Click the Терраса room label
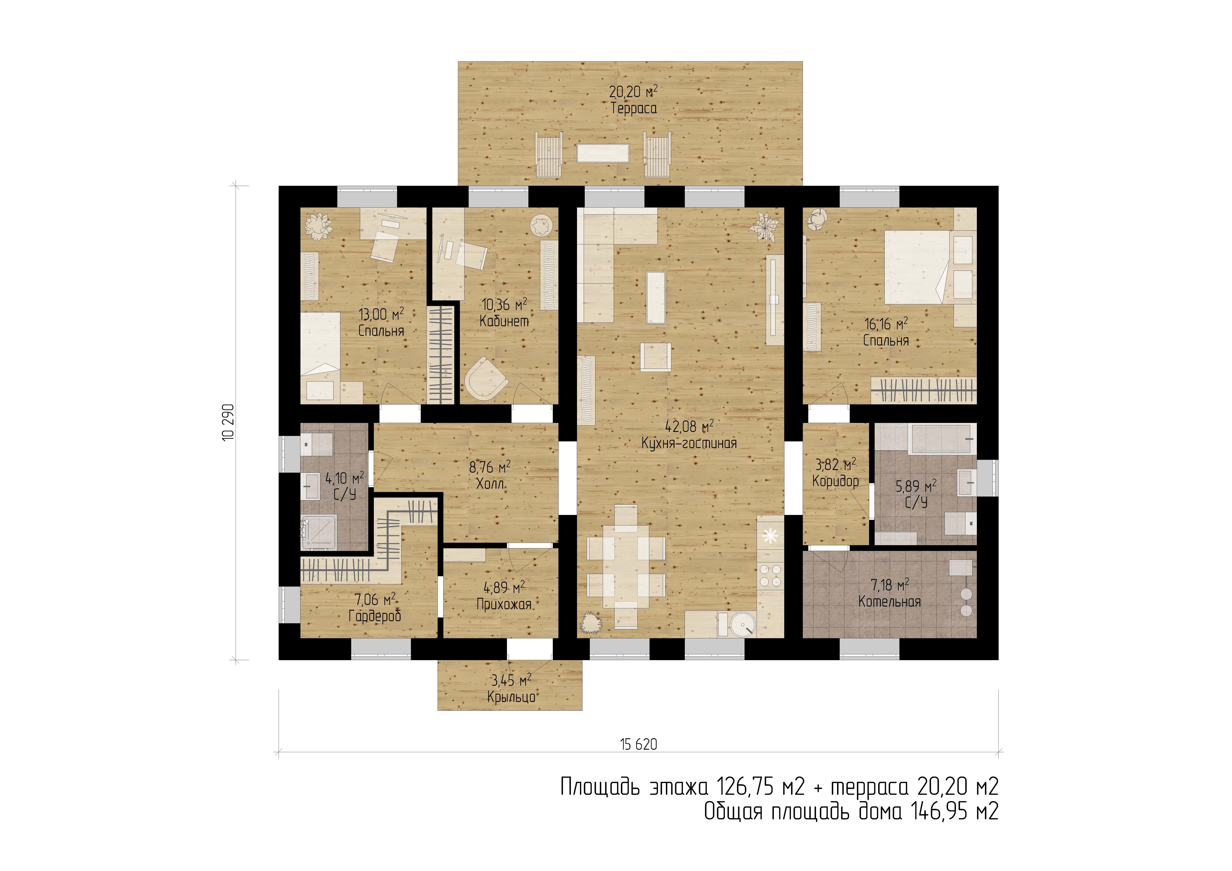634,108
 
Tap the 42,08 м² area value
690,427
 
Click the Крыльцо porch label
511,697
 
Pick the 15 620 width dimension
638,744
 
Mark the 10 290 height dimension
229,422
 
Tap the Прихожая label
504,604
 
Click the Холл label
490,484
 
